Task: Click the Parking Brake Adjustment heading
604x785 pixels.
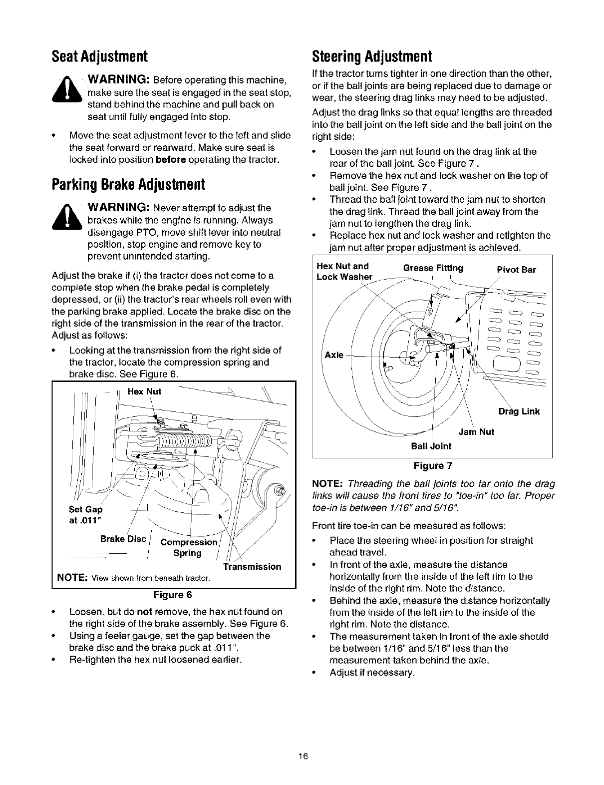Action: click(128, 185)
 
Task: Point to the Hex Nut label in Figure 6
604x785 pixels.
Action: click(144, 392)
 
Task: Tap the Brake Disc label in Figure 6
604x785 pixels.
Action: click(123, 539)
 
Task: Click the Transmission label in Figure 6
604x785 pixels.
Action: click(252, 566)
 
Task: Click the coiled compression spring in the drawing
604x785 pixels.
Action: click(182, 439)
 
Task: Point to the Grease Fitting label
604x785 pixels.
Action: click(433, 268)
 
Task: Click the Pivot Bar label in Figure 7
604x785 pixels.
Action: click(516, 270)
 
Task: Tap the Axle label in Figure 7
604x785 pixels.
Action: click(334, 355)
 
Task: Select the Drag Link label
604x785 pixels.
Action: click(519, 411)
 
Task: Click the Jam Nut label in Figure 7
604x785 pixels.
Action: click(476, 432)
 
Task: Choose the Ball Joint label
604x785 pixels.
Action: click(430, 446)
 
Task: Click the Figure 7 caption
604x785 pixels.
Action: click(432, 466)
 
